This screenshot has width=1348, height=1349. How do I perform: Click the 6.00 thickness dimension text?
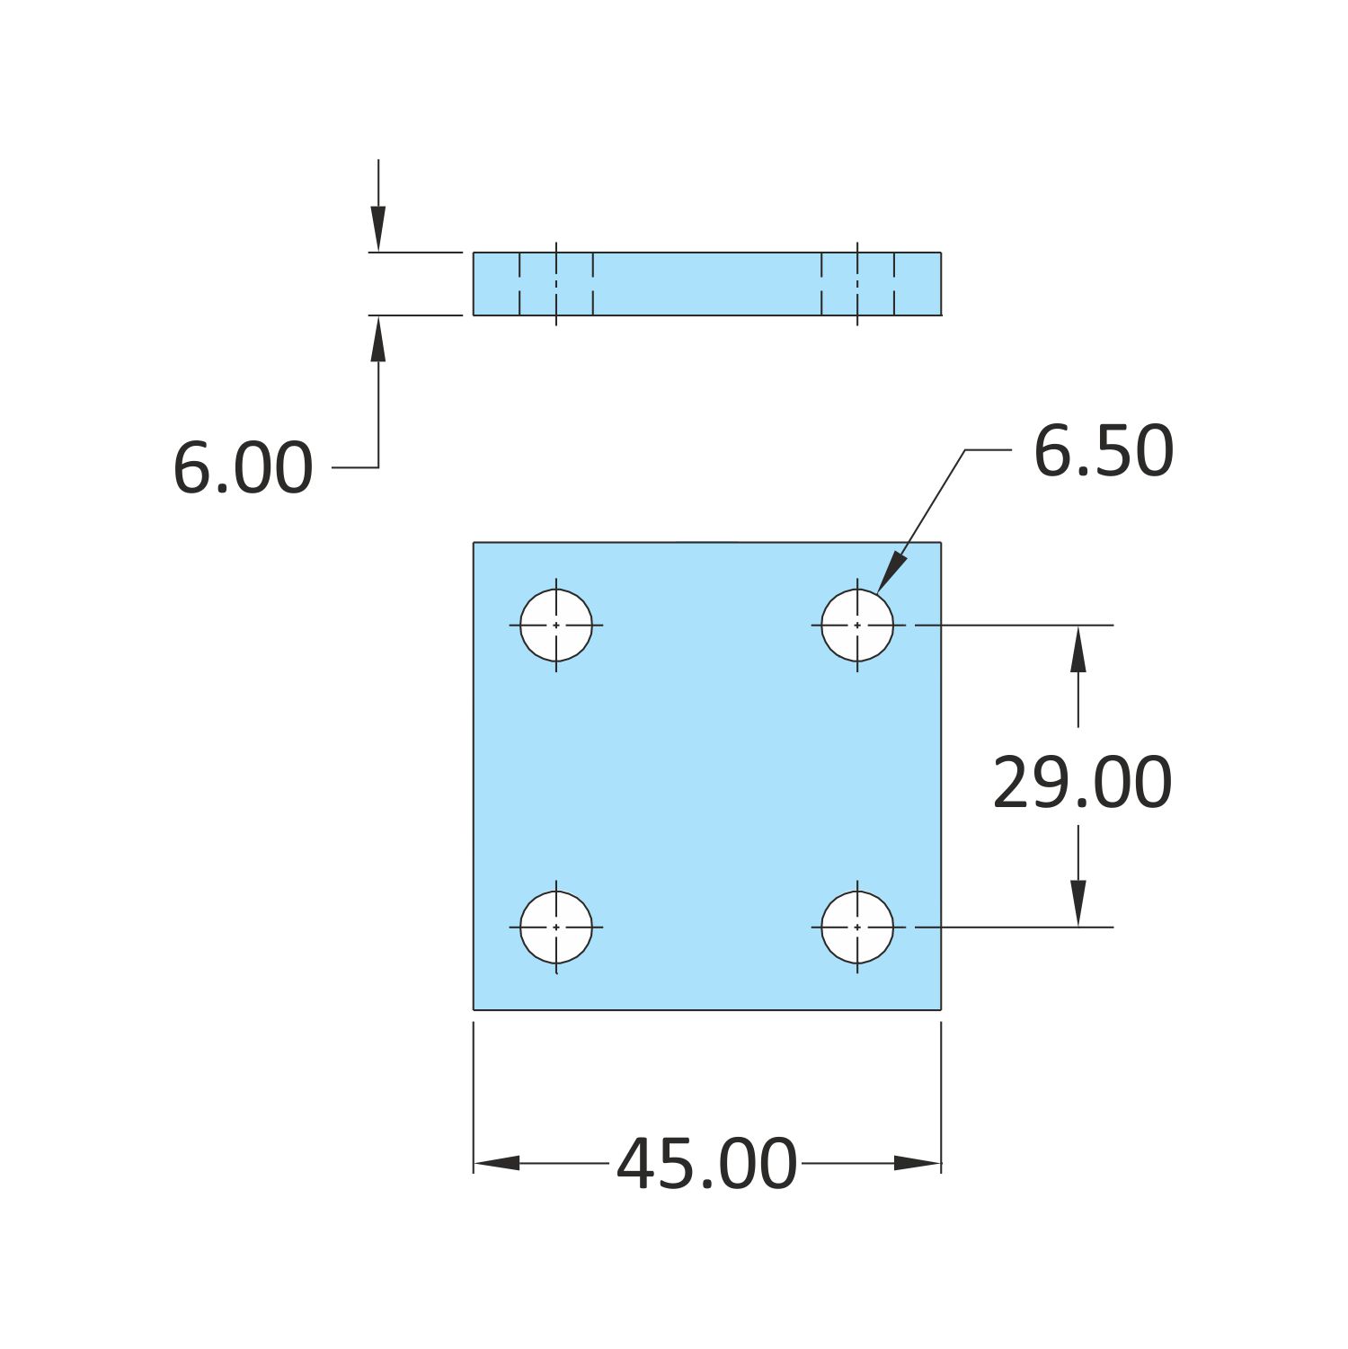243,468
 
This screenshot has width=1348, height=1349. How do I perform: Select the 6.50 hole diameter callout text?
1104,451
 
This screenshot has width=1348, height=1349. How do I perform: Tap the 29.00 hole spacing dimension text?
1082,784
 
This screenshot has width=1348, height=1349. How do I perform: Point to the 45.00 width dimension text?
706,1165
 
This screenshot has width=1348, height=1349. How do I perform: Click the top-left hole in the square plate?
556,625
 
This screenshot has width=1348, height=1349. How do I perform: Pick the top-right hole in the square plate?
857,625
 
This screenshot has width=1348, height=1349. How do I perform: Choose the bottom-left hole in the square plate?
556,927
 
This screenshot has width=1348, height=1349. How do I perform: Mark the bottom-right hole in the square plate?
857,927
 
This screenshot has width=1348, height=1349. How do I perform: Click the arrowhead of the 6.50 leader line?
891,572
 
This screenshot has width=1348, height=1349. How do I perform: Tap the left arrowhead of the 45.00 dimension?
497,1163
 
